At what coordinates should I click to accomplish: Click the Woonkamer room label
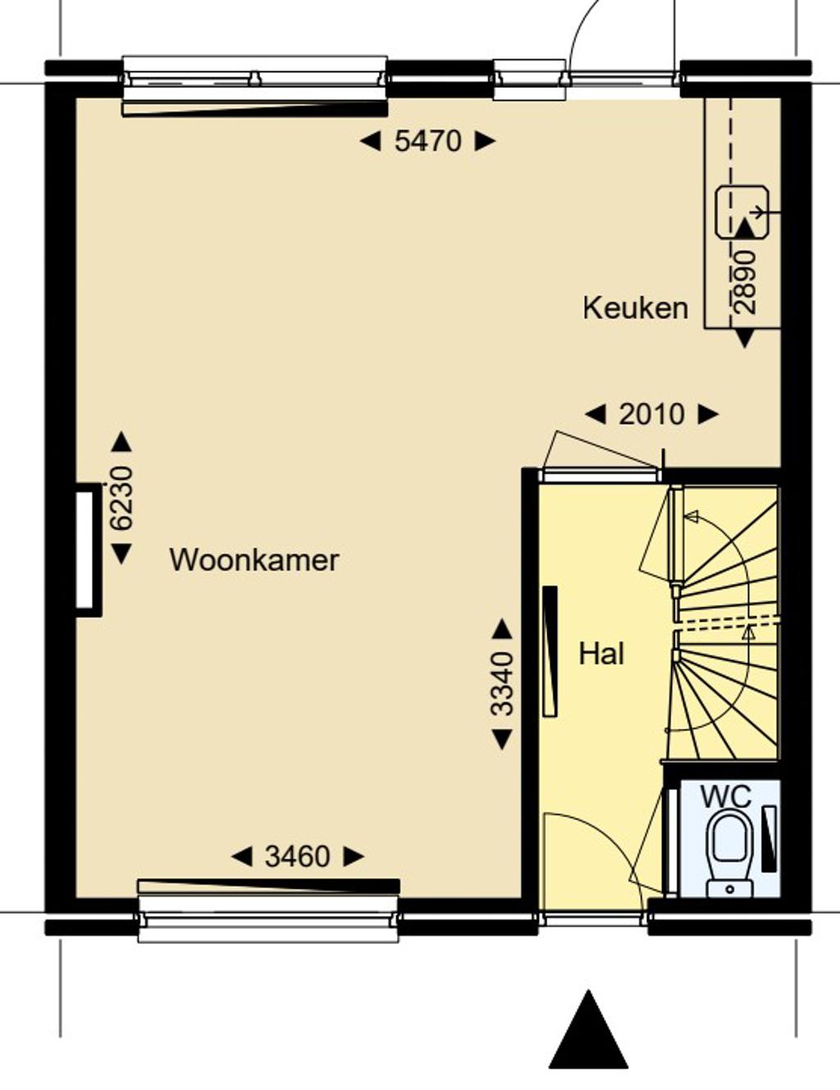(x=254, y=560)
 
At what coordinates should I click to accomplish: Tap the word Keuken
(x=636, y=308)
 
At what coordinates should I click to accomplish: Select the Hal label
(x=601, y=654)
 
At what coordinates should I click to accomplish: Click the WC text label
(x=726, y=796)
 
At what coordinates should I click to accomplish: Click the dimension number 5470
(x=427, y=141)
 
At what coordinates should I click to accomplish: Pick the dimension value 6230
(x=122, y=499)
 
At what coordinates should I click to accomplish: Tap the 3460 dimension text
(x=298, y=856)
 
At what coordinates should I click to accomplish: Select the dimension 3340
(x=502, y=682)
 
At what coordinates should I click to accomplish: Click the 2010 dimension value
(x=651, y=414)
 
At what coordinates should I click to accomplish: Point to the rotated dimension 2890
(x=745, y=282)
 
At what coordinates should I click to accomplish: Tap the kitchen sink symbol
(x=742, y=212)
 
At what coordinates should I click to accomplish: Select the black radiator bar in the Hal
(x=550, y=650)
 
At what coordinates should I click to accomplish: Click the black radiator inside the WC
(x=769, y=838)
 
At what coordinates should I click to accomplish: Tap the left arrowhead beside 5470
(x=370, y=141)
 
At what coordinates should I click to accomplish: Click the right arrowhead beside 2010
(x=708, y=414)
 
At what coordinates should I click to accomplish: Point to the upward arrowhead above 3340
(x=502, y=629)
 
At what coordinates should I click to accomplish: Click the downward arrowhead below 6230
(x=121, y=554)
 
